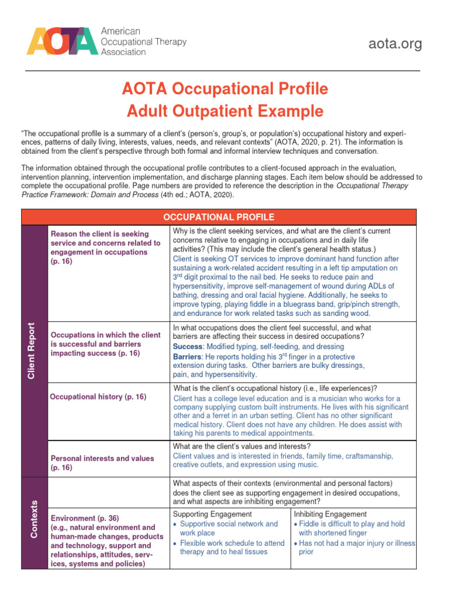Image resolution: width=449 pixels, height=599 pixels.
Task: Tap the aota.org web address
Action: coord(395,44)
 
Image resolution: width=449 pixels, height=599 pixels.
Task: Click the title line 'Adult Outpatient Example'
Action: coord(226,111)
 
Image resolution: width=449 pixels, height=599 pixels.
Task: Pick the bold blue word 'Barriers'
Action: coord(189,356)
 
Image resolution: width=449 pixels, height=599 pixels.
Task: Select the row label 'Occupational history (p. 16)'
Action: coord(98,397)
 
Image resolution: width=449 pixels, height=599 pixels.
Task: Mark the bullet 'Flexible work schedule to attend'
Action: coord(232,543)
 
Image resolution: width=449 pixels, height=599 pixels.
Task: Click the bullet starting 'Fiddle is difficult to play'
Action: coord(351,524)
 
